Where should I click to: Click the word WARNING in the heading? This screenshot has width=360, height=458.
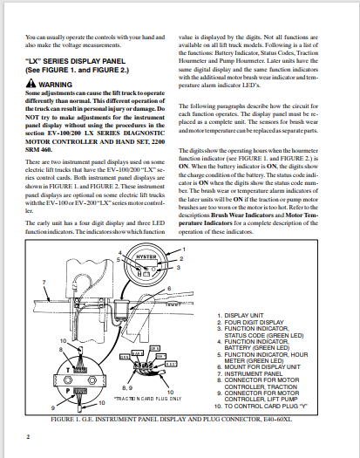53,85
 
